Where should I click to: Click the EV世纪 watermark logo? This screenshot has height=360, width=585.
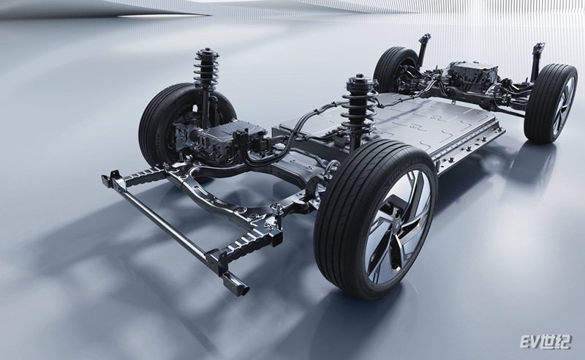545,341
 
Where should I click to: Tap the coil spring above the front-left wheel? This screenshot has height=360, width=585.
205,70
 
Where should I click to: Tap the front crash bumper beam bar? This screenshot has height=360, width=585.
168,223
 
